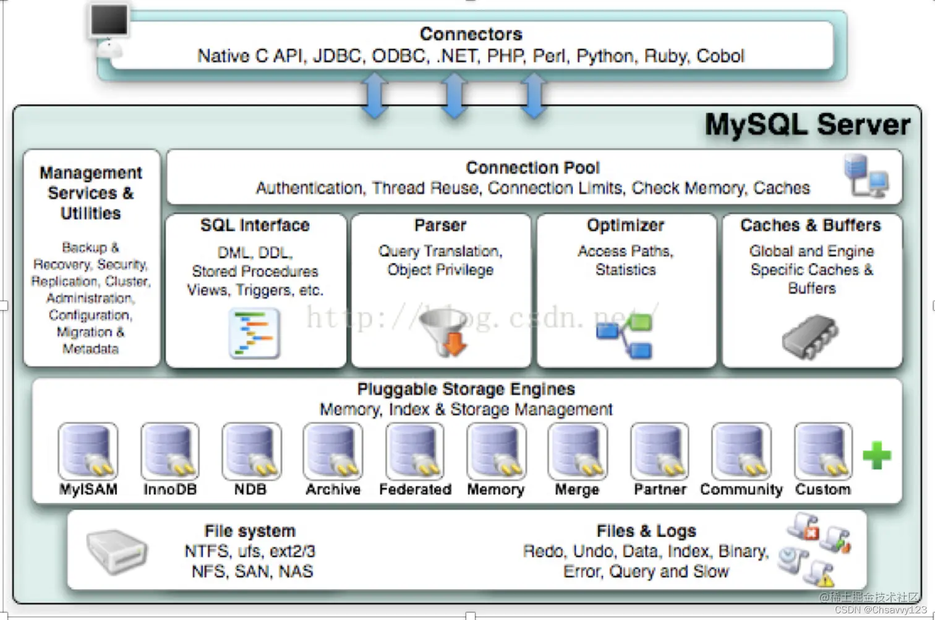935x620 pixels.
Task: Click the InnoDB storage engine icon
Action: point(169,451)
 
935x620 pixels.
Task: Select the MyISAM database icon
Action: point(88,451)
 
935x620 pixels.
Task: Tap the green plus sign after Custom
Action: point(876,455)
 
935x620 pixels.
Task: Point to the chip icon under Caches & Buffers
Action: point(809,337)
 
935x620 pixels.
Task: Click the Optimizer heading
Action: point(625,225)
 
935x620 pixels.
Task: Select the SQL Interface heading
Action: point(255,225)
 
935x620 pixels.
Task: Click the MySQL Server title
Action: point(807,124)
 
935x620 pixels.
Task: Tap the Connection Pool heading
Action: point(532,168)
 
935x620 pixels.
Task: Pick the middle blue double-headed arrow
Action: point(454,95)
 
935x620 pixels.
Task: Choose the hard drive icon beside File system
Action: point(116,550)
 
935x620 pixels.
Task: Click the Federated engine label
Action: point(415,489)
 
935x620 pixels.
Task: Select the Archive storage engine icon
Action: point(333,451)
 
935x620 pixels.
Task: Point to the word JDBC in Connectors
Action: point(337,56)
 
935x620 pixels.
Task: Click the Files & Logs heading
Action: point(646,531)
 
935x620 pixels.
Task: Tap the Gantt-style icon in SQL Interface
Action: point(254,334)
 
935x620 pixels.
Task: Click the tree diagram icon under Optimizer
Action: point(625,336)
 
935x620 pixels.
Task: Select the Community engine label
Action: point(741,489)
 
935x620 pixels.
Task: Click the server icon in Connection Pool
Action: point(866,176)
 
